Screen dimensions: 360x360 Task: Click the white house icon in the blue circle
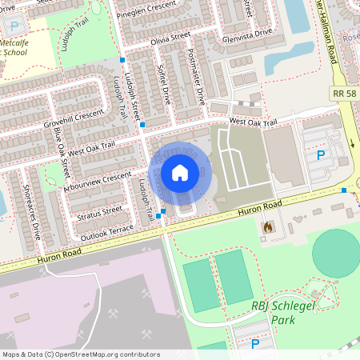point(180,173)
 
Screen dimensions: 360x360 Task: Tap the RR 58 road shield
point(343,94)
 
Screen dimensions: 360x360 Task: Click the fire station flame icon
point(266,227)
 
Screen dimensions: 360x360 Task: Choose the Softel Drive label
point(165,85)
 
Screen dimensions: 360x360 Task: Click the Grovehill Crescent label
point(75,119)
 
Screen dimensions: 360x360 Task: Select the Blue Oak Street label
point(62,149)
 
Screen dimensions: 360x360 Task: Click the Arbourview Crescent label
point(96,182)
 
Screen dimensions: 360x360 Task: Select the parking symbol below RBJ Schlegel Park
point(255,344)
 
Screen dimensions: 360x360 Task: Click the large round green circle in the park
point(336,253)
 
